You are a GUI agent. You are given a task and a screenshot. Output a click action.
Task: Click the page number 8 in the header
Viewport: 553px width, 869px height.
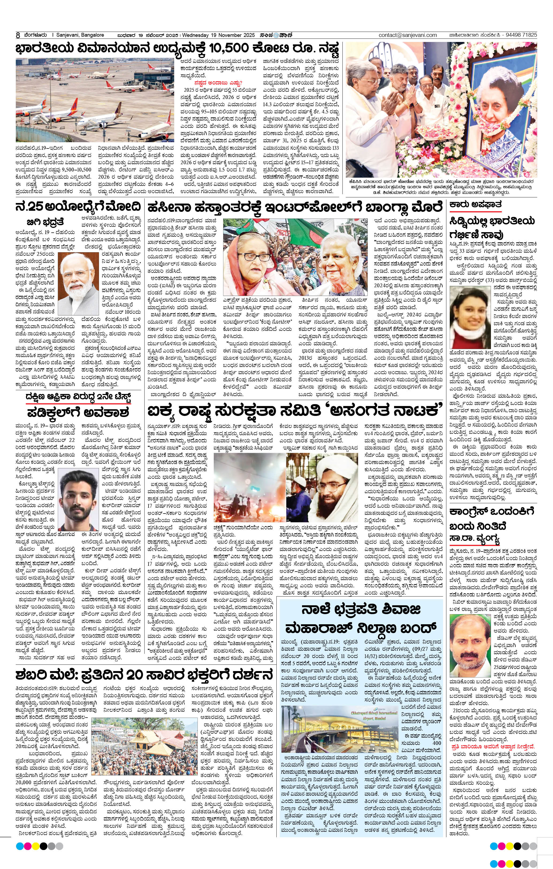17,35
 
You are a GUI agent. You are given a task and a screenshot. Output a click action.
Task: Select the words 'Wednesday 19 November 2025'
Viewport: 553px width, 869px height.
219,35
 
